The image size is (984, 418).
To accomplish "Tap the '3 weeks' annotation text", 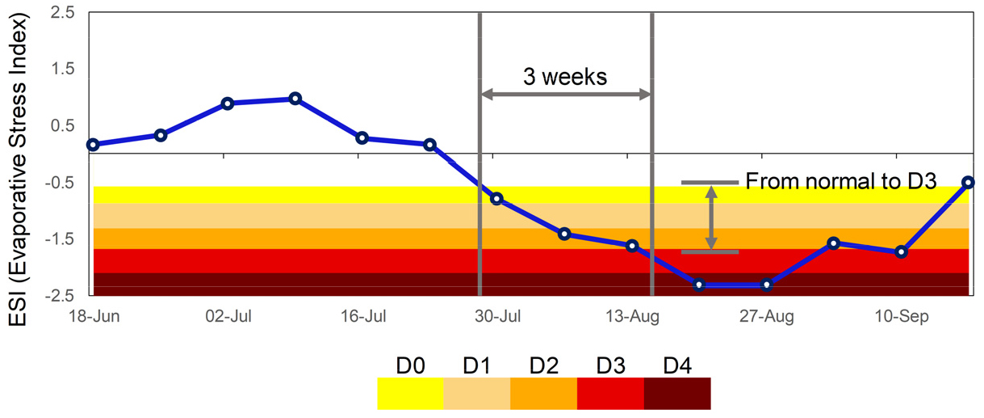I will [564, 77].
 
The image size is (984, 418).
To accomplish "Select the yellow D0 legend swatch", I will [410, 392].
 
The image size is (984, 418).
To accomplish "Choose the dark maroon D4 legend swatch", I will [677, 392].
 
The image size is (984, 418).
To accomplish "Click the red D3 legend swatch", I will [610, 392].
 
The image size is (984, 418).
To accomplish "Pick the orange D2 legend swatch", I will [543, 392].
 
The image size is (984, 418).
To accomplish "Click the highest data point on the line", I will [295, 99].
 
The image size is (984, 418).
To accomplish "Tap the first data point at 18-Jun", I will [93, 145].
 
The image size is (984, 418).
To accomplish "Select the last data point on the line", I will [969, 183].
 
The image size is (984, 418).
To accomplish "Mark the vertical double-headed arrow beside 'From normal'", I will [710, 217].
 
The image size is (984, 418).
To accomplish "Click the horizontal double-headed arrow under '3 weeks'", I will [565, 95].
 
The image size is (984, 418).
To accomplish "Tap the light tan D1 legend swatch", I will [477, 392].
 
